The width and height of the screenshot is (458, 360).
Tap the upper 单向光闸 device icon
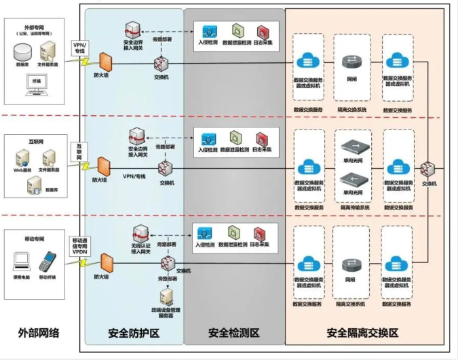pyautogui.click(x=352, y=146)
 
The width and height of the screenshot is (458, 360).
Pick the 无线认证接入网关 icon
pyautogui.click(x=140, y=235)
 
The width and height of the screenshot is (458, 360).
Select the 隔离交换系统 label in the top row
pyautogui.click(x=352, y=108)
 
